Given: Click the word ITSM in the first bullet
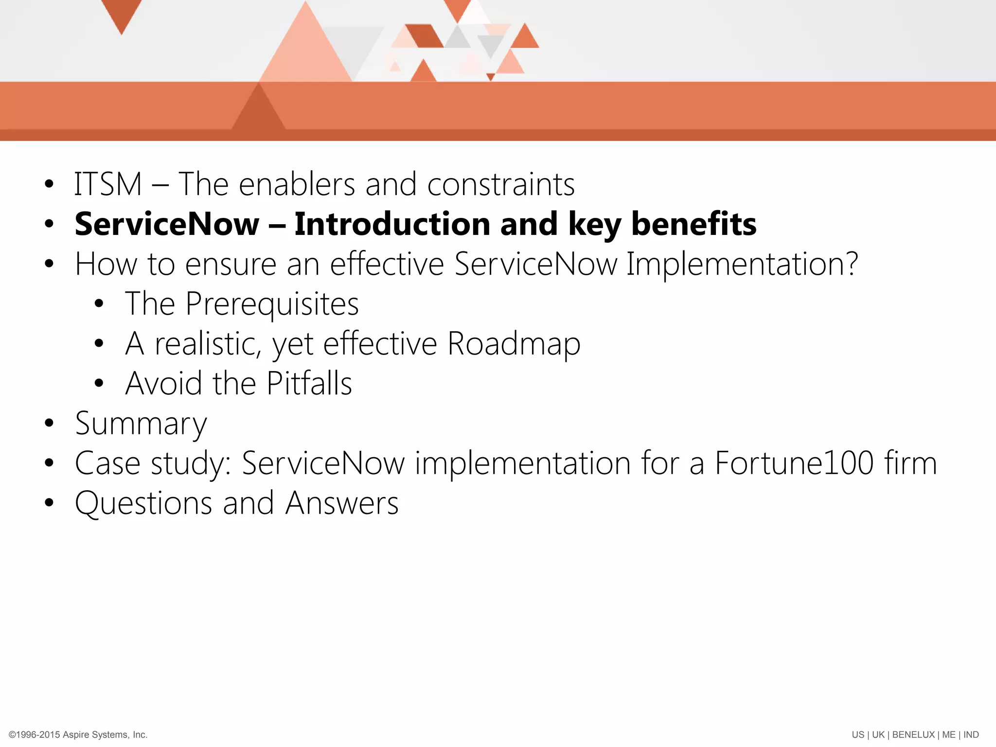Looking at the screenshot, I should click(x=107, y=185).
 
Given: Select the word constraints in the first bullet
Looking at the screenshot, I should click(x=500, y=185).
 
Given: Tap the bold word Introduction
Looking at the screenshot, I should click(x=392, y=224).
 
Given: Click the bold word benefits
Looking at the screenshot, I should click(x=694, y=224).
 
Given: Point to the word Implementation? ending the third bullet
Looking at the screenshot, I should click(x=742, y=265).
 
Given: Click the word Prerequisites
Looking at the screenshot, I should click(x=272, y=304).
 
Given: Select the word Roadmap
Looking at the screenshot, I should click(x=514, y=344).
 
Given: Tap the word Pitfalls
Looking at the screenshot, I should click(x=309, y=384).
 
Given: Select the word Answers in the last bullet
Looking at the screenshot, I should click(x=341, y=503).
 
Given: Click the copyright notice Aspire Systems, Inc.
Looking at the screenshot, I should click(x=105, y=735).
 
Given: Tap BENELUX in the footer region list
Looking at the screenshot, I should click(x=913, y=735).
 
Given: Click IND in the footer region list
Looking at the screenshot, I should click(x=971, y=735).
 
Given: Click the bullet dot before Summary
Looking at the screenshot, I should click(x=49, y=423).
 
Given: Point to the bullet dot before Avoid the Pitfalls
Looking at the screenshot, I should click(x=99, y=383).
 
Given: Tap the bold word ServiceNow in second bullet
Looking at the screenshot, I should click(x=167, y=224).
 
